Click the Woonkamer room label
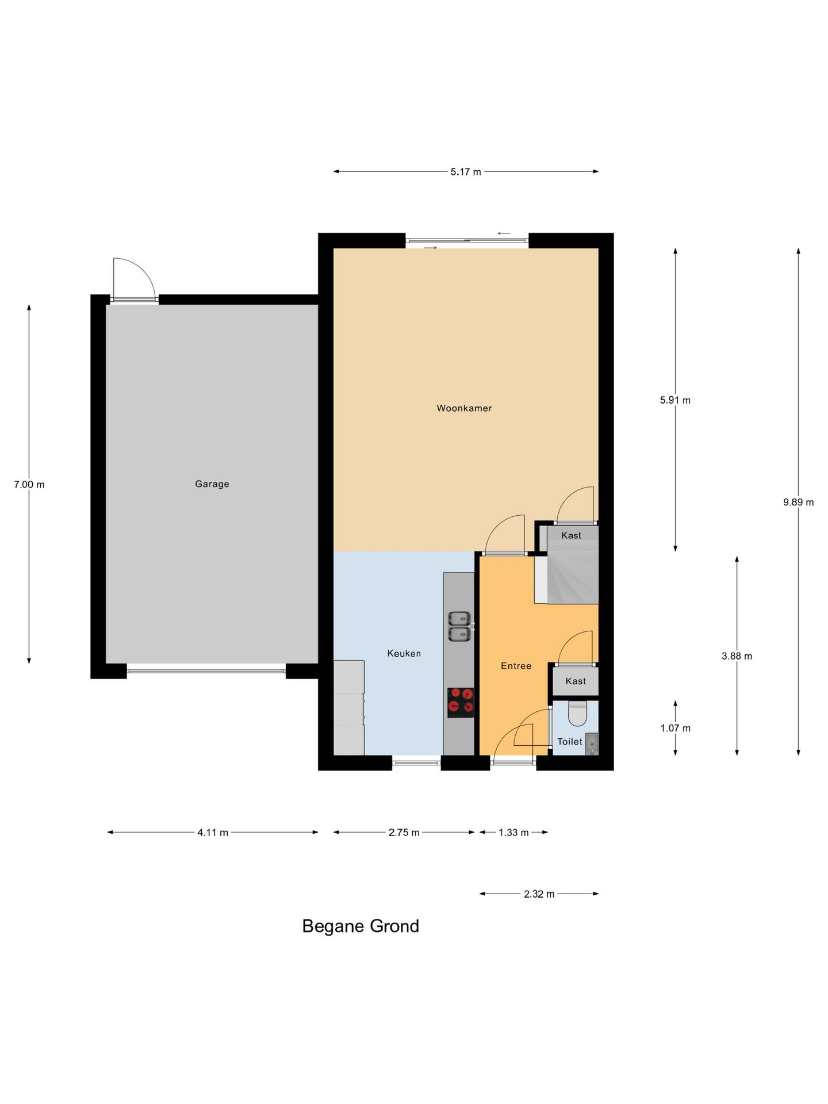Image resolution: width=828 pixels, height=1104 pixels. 464,408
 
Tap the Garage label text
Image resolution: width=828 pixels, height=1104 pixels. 212,484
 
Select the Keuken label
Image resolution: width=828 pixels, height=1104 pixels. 404,653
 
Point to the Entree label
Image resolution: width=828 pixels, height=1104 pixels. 516,666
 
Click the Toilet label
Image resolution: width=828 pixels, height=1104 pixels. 569,742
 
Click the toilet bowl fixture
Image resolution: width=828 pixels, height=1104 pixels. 577,713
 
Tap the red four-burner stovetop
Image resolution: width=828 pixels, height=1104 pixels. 461,703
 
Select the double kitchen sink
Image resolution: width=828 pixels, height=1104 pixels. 460,627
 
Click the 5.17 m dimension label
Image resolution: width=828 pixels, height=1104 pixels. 466,172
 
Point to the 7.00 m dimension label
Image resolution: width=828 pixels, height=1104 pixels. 29,485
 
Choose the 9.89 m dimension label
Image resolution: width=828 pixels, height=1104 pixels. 798,502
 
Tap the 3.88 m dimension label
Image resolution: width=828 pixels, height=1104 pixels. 737,656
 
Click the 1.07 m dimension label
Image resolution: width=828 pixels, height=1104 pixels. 675,728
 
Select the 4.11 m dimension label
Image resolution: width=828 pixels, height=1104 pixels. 213,833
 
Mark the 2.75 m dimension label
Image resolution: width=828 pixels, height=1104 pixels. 404,833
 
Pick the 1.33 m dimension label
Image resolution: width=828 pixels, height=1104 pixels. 513,833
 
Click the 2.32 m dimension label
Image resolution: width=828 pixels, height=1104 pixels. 539,894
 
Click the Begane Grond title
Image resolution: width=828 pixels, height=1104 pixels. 361,926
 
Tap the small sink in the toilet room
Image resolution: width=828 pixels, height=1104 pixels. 592,744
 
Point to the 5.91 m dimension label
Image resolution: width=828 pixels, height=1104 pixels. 675,400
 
